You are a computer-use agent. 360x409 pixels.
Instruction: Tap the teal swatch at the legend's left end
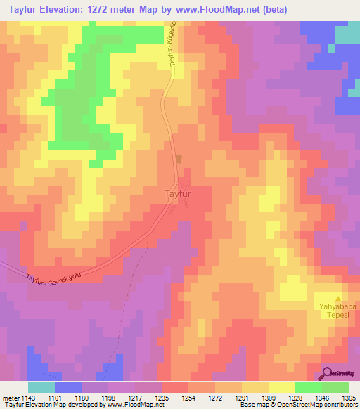click(x=41, y=387)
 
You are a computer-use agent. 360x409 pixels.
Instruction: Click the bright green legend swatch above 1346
click(x=307, y=387)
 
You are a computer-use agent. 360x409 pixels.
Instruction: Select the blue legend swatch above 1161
click(x=68, y=387)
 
